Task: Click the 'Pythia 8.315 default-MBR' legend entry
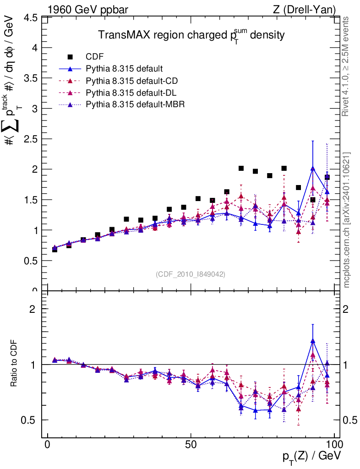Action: [x=134, y=105]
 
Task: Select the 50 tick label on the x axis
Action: [x=191, y=445]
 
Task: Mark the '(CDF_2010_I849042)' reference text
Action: [x=191, y=274]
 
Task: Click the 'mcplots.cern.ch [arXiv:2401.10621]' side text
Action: [x=347, y=220]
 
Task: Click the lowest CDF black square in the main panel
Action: [x=55, y=249]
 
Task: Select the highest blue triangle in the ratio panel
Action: [x=313, y=341]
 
